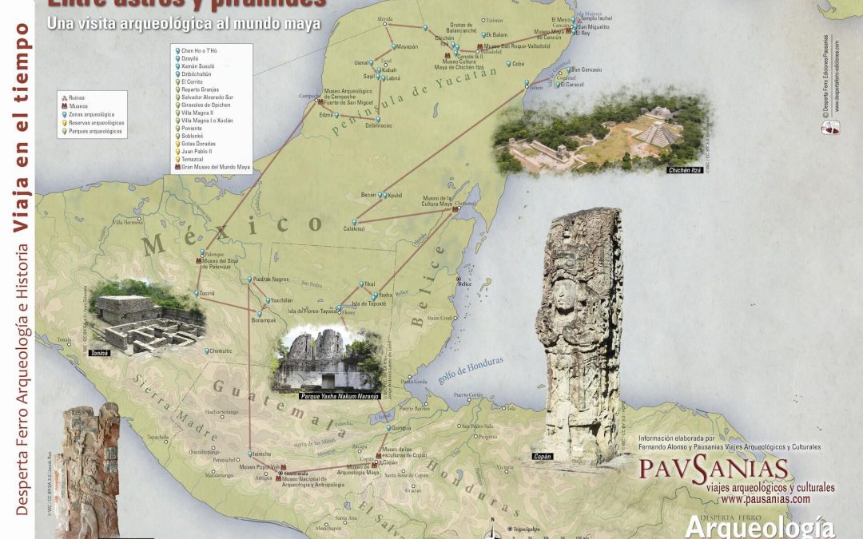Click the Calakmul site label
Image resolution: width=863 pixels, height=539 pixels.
tap(354, 228)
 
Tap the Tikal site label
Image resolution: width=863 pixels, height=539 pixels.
tap(368, 283)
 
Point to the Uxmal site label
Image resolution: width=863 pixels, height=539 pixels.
tap(361, 62)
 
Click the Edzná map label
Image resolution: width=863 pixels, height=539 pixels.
tap(325, 115)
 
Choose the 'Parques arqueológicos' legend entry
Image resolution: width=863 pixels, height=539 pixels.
tap(96, 131)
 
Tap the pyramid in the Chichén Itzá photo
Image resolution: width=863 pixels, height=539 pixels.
tap(658, 128)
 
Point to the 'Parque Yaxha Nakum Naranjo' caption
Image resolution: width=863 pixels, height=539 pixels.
tap(339, 395)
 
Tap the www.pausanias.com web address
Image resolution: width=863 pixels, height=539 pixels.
tap(766, 499)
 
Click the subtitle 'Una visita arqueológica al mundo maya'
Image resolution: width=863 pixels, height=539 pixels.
tap(184, 25)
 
